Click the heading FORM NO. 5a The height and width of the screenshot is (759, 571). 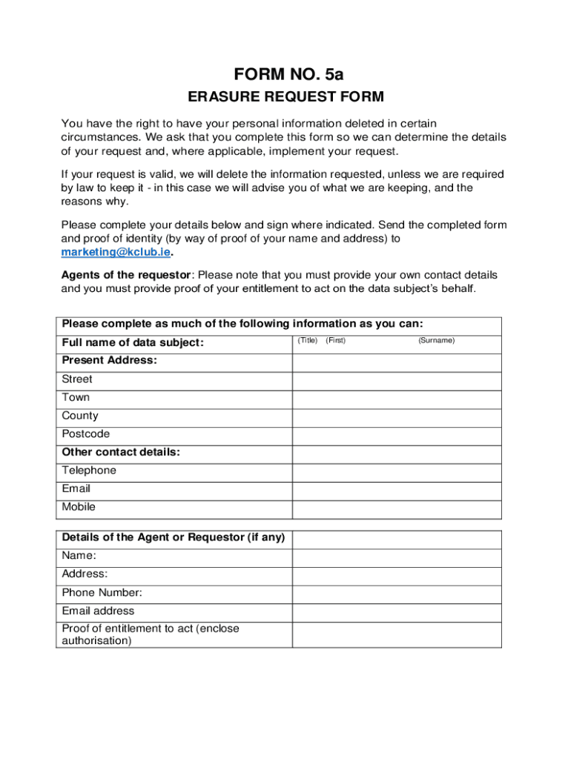pos(289,74)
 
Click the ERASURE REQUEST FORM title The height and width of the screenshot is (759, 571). pos(285,97)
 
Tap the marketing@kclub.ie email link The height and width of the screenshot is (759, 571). pos(116,252)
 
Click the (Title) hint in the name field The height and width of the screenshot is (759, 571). pos(307,340)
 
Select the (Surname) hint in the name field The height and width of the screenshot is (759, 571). pos(436,340)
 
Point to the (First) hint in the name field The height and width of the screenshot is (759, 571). pos(335,340)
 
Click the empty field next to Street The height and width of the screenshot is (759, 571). pos(397,380)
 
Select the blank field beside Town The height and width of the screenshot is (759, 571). pos(397,399)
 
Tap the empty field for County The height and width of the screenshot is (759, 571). pos(397,417)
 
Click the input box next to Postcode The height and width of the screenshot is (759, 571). pos(397,436)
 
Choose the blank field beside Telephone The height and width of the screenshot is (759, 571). pos(397,472)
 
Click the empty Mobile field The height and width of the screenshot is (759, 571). pos(397,509)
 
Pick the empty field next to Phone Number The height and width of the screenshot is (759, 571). pos(397,594)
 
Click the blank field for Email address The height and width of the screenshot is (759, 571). pos(397,612)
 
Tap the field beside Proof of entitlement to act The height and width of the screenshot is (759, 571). pos(397,634)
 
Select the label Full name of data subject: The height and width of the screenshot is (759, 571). pos(133,342)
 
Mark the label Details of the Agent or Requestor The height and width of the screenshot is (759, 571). pos(174,537)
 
